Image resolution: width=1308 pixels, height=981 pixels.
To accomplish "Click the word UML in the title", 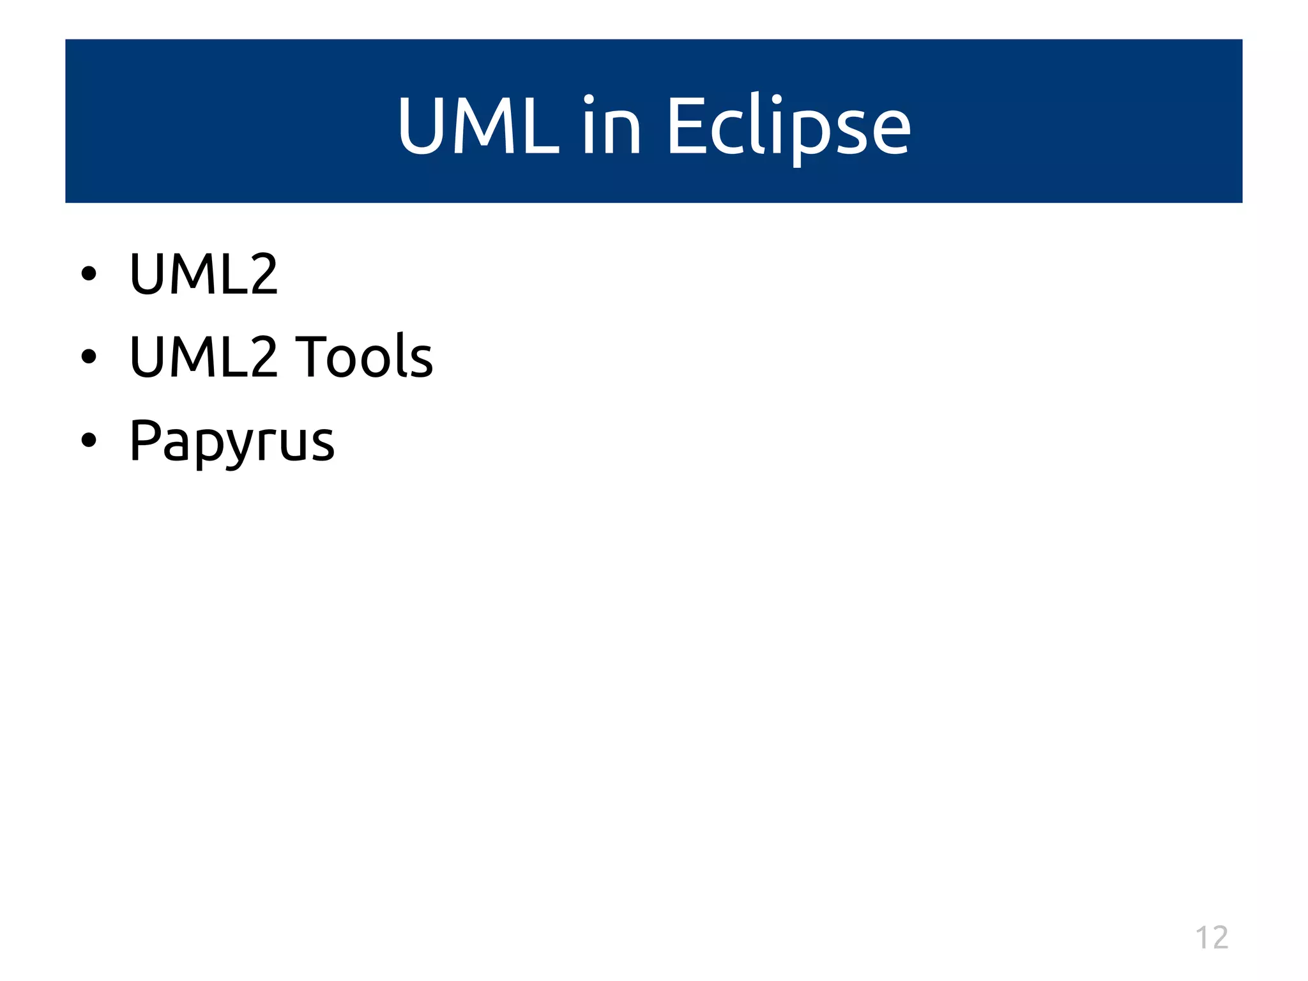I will coord(478,125).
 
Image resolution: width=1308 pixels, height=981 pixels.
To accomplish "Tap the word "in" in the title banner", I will coord(611,125).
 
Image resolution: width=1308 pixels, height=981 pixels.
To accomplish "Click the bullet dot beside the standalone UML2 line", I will coord(89,274).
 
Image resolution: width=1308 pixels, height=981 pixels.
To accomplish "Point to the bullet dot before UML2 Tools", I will coord(89,356).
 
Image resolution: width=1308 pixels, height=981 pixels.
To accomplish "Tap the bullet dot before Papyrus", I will coord(89,439).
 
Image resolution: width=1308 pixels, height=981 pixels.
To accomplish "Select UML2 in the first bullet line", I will coord(203,274).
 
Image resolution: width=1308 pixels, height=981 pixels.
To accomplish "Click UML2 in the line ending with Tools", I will coord(203,356).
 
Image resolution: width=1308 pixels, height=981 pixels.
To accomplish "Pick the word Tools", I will coord(364,356).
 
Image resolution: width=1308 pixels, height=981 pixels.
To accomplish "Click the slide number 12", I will coord(1212,938).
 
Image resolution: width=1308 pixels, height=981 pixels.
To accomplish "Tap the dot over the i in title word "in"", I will coord(588,100).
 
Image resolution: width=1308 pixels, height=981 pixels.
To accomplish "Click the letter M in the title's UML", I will coord(483,125).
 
